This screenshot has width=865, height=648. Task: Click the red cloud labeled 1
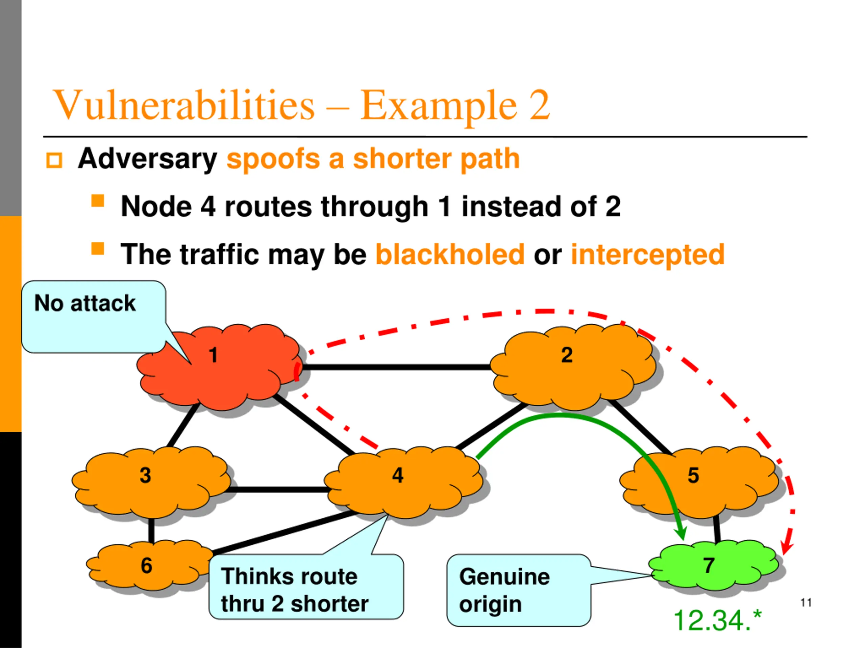(x=219, y=367)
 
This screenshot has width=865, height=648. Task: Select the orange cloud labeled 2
(x=573, y=367)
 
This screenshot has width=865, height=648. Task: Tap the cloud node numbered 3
(x=151, y=483)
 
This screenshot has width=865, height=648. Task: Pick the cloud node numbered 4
(x=403, y=483)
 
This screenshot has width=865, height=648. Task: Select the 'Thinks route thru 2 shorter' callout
(x=306, y=586)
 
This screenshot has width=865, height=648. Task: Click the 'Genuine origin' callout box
(x=519, y=590)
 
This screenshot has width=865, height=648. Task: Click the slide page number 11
(x=806, y=603)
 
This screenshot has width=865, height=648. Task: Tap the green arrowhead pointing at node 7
(x=681, y=532)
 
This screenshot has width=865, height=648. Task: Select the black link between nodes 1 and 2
(x=397, y=367)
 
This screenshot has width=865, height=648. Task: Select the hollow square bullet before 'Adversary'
(x=54, y=161)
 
